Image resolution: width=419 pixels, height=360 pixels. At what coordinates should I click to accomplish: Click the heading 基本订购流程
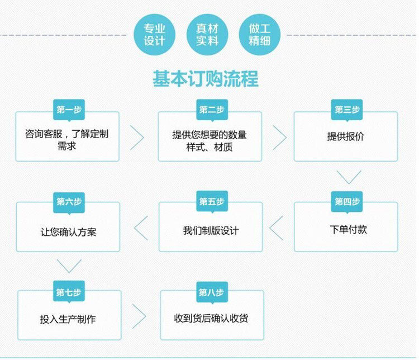click(x=206, y=79)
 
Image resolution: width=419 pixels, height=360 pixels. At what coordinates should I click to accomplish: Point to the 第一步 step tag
click(x=69, y=110)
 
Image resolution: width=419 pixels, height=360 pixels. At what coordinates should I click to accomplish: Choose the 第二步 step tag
click(x=211, y=110)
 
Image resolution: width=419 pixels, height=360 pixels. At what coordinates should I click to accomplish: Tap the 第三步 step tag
click(x=347, y=110)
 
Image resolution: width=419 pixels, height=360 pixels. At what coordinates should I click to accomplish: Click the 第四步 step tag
click(x=347, y=201)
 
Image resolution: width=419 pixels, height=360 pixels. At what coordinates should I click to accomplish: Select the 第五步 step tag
click(x=211, y=201)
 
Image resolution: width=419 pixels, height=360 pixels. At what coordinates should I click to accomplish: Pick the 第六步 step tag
click(x=69, y=201)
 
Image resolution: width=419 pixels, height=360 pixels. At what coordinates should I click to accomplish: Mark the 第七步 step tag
click(x=69, y=292)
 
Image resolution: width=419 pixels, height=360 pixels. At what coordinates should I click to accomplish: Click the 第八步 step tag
click(x=211, y=292)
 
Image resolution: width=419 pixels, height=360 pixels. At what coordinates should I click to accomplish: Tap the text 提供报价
click(x=346, y=137)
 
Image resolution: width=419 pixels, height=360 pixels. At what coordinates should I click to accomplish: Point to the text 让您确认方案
click(x=68, y=231)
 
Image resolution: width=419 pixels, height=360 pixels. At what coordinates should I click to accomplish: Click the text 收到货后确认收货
click(x=211, y=319)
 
